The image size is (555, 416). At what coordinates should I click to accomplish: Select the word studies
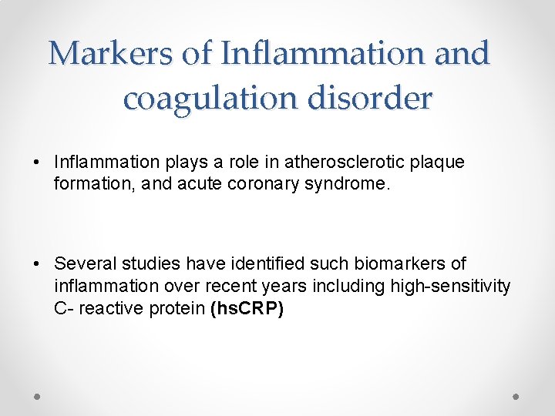click(143, 264)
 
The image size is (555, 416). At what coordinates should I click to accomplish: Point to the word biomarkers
click(376, 264)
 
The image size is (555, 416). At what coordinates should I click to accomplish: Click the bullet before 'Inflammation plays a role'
click(37, 163)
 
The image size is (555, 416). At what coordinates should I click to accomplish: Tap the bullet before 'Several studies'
click(37, 265)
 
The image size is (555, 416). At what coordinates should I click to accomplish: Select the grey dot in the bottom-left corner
click(38, 395)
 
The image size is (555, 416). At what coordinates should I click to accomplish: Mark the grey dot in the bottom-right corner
click(516, 395)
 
